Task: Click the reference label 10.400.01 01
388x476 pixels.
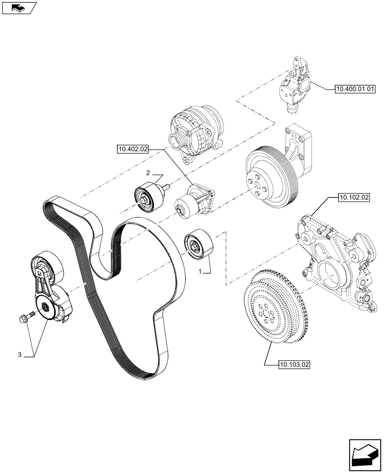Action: tap(355, 89)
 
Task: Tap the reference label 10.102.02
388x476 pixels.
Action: tap(354, 196)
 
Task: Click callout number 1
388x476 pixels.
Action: tap(201, 271)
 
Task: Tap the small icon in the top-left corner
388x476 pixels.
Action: tap(19, 7)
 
